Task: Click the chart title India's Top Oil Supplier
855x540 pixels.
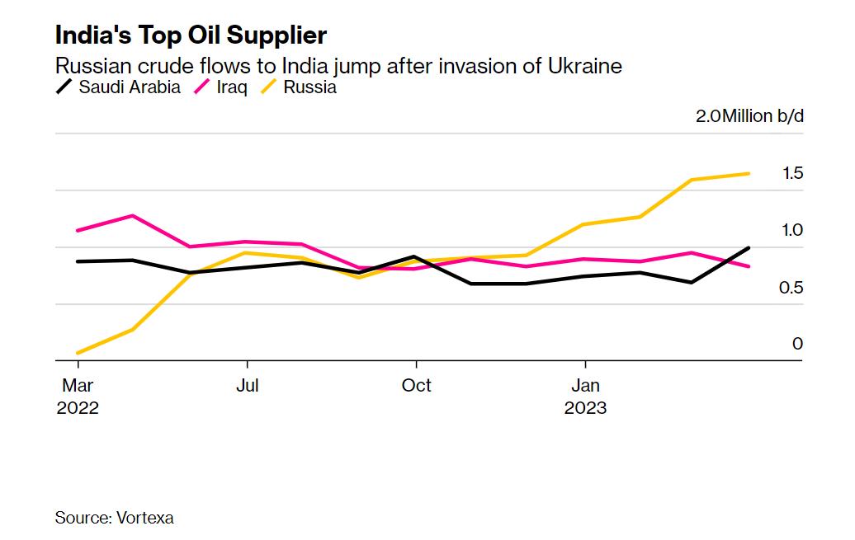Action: click(191, 35)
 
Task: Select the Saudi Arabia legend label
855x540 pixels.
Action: click(130, 87)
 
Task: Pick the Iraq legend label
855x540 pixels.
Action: click(232, 87)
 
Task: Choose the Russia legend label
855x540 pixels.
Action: click(309, 87)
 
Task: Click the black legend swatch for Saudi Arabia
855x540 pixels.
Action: click(64, 87)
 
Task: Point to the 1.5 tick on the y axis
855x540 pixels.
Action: click(792, 173)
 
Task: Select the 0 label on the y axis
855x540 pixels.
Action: click(797, 344)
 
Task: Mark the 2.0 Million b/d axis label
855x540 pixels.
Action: click(749, 115)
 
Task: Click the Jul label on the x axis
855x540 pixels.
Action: click(248, 386)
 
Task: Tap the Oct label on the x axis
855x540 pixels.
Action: click(417, 386)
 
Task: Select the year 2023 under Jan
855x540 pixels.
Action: click(585, 408)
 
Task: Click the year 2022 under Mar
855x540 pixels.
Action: click(78, 408)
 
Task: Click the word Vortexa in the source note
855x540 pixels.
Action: click(146, 518)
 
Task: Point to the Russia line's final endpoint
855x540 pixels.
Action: click(749, 173)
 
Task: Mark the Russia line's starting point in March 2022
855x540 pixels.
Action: click(78, 353)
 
